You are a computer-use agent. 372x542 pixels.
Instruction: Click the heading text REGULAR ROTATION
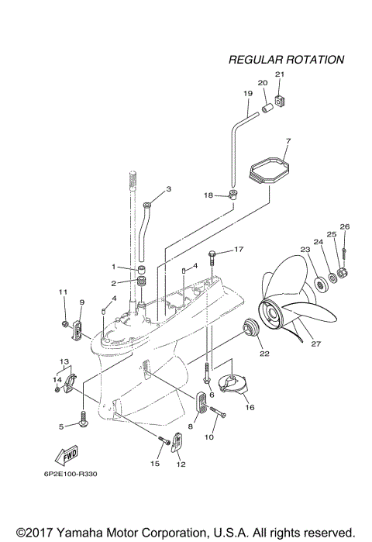(287, 59)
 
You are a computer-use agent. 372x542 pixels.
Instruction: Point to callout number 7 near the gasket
(288, 142)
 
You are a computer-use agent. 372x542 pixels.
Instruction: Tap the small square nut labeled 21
(281, 99)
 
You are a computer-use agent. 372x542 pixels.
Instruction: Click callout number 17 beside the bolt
(239, 250)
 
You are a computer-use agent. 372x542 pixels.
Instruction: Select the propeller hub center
(273, 312)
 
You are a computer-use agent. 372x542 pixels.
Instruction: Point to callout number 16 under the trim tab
(249, 406)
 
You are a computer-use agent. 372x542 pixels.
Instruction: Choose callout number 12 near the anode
(181, 464)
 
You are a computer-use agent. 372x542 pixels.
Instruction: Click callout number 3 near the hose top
(168, 189)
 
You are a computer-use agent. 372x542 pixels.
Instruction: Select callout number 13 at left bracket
(65, 361)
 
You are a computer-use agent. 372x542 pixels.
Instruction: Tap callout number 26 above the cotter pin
(345, 227)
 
